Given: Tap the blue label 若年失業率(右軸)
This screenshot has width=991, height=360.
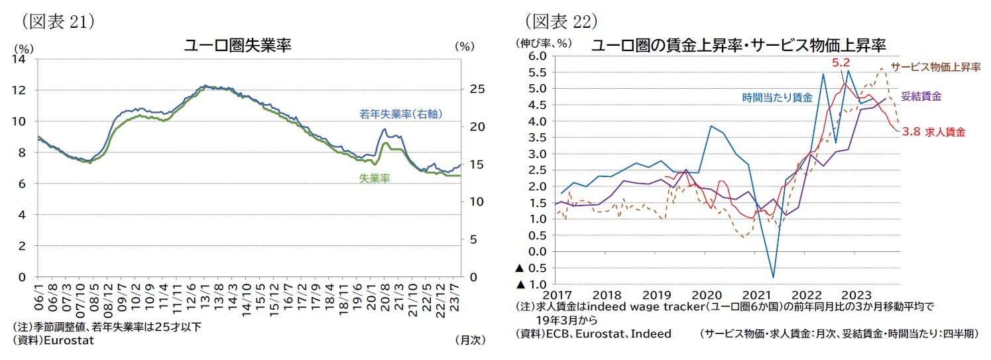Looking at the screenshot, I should [400, 114].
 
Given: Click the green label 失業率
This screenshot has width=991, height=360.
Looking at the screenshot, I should [375, 178].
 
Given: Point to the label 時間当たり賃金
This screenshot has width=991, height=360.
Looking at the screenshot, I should [777, 97].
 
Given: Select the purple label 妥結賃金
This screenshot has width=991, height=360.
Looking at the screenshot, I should [921, 96].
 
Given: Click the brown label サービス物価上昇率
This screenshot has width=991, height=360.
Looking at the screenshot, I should [934, 67].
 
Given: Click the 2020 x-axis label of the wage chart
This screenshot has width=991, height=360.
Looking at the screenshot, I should [705, 294].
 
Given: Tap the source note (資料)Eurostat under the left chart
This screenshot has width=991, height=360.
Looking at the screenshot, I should [54, 339].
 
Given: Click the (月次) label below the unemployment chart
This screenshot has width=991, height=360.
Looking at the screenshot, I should [470, 339].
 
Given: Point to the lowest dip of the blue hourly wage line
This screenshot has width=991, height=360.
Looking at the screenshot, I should [773, 277].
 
